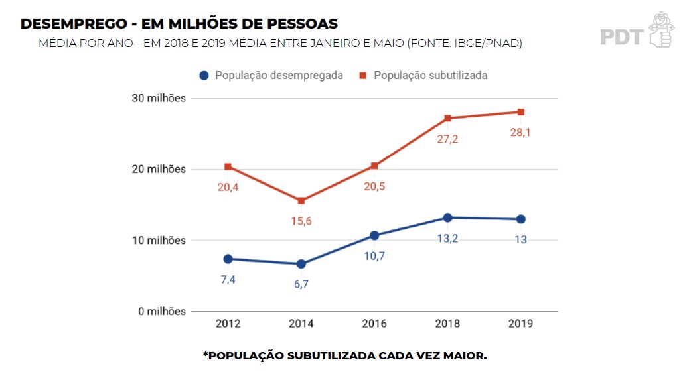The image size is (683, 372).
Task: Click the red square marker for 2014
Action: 301,200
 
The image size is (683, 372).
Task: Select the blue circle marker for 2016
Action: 374,235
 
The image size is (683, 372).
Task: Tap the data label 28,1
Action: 521,132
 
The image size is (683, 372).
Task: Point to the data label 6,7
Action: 301,284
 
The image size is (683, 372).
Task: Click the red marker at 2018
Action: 448,118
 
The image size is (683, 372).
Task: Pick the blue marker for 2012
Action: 228,259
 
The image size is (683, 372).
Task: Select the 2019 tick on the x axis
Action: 521,324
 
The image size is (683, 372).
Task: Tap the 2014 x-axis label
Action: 301,324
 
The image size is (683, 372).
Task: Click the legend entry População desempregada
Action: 279,76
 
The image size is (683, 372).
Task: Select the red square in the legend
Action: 364,76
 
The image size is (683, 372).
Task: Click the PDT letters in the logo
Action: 621,36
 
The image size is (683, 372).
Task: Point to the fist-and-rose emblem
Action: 660,29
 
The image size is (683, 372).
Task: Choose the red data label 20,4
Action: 228,187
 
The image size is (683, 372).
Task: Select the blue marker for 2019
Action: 521,219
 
